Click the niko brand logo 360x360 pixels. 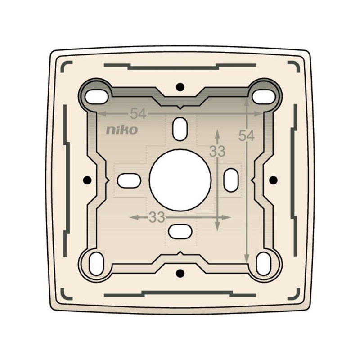point(122,130)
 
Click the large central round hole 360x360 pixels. point(180,180)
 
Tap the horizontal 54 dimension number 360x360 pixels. point(138,114)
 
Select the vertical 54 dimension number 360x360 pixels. point(246,135)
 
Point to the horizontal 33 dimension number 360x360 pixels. point(157,217)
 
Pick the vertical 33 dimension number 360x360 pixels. point(217,151)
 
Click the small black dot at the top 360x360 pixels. point(180,87)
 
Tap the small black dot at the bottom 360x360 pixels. point(180,273)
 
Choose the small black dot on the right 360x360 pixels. point(273,180)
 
